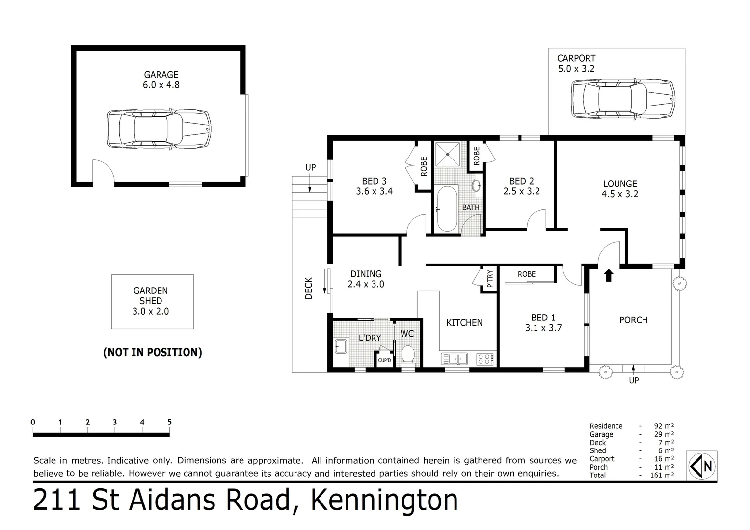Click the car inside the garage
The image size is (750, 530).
[159, 129]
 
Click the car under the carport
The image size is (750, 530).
[623, 99]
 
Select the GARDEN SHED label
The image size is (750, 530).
[151, 296]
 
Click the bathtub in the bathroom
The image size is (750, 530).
[447, 209]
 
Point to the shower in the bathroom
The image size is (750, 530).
[447, 154]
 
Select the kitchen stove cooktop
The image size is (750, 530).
[484, 359]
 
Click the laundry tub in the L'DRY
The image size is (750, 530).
[340, 346]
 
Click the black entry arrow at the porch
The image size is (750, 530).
[608, 275]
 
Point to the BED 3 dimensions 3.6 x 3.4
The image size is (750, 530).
[374, 191]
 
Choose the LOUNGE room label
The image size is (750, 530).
[620, 184]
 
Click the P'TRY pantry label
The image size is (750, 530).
[489, 279]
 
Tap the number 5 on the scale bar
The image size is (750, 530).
[169, 422]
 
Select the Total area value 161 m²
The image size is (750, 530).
[664, 475]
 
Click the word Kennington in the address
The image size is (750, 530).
[385, 501]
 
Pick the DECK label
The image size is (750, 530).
[309, 289]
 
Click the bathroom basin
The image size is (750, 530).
[476, 185]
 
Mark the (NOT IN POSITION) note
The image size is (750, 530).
[152, 352]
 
